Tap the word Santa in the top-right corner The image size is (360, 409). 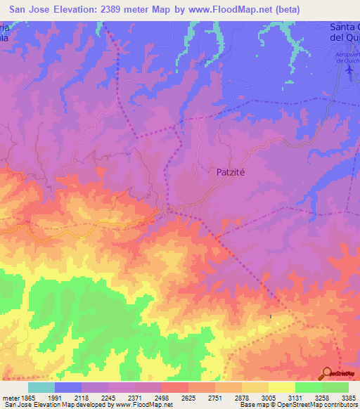pyautogui.click(x=345, y=27)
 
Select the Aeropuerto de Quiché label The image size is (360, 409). pyautogui.click(x=347, y=58)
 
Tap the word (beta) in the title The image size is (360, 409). pyautogui.click(x=283, y=10)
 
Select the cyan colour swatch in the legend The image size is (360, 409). pyautogui.click(x=41, y=387)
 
